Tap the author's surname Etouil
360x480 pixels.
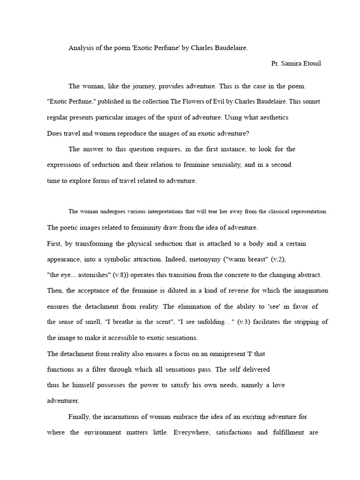pyautogui.click(x=310, y=63)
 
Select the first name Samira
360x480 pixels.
pyautogui.click(x=290, y=63)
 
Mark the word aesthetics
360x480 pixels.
pyautogui.click(x=272, y=117)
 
